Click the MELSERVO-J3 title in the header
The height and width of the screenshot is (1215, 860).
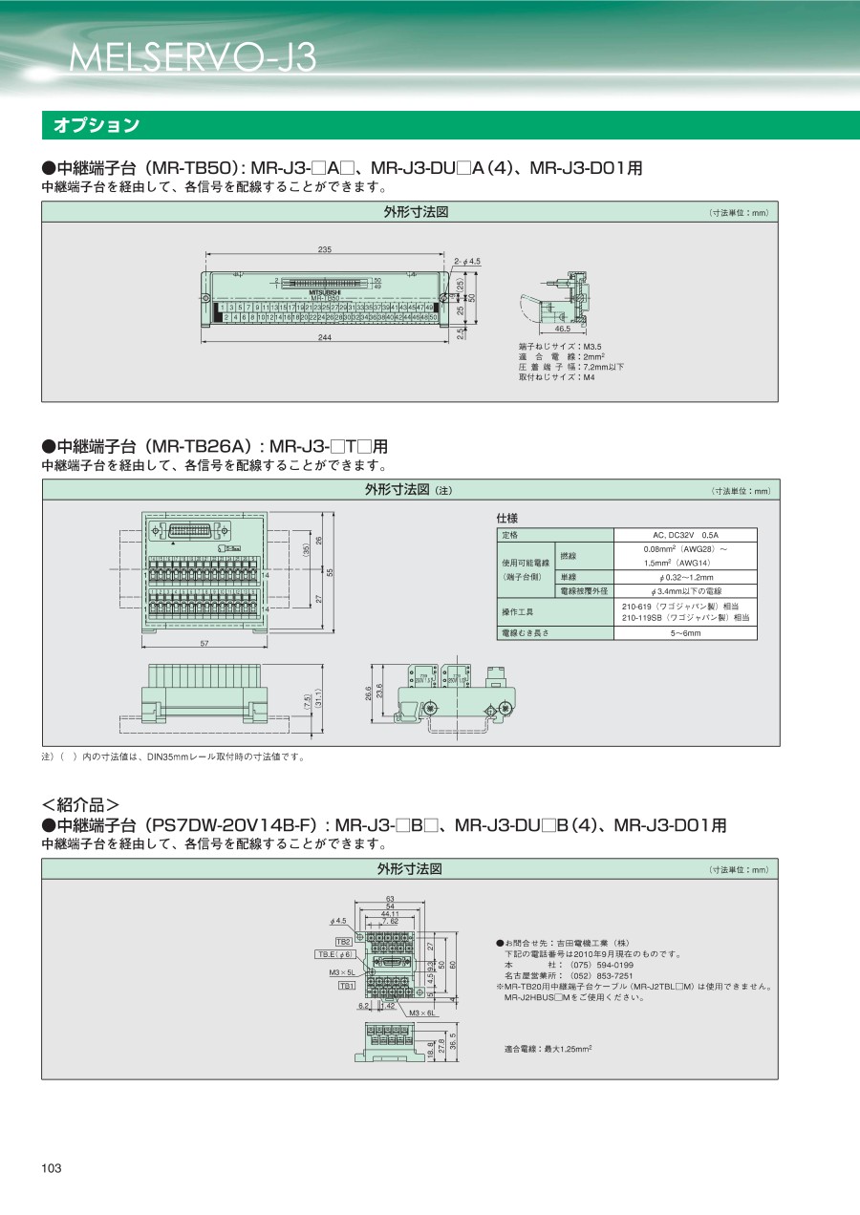[x=192, y=58]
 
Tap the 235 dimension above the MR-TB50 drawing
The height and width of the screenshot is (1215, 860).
[x=325, y=249]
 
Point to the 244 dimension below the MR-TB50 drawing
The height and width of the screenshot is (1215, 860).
[x=325, y=338]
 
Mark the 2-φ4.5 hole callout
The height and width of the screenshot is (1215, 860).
[x=467, y=261]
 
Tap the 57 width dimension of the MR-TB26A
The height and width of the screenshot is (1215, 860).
[x=204, y=643]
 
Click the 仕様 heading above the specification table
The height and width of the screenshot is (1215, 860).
[x=507, y=517]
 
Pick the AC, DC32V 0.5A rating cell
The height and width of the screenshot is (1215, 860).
[x=684, y=535]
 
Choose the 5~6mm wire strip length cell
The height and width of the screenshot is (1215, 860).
[x=684, y=632]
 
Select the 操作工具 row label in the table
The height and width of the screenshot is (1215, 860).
[x=518, y=611]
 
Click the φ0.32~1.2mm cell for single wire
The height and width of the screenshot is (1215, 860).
[x=684, y=577]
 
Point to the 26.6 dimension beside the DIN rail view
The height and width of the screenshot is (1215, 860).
[x=369, y=691]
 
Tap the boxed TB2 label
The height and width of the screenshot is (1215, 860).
[x=343, y=942]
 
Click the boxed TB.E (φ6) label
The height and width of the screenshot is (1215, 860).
[x=336, y=954]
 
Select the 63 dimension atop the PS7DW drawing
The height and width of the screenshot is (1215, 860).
[x=390, y=899]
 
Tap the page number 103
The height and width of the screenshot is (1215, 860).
[x=52, y=1169]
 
